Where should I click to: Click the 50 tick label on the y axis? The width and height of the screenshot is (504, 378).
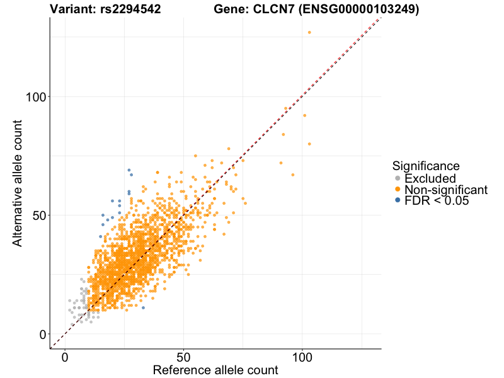tap(39, 215)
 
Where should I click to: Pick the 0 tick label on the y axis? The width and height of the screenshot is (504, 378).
tap(43, 334)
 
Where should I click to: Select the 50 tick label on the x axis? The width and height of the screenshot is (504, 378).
tap(183, 357)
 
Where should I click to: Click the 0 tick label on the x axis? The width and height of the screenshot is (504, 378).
tap(65, 357)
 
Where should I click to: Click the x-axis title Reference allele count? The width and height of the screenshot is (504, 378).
tap(215, 370)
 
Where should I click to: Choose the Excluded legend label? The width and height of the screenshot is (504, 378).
tap(430, 179)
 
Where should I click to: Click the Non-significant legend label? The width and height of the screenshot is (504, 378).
tap(446, 190)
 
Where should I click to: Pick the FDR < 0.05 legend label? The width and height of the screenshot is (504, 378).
tap(437, 200)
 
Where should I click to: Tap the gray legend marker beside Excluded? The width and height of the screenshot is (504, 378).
tap(398, 179)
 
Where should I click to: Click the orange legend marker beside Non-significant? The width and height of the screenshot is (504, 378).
tap(398, 190)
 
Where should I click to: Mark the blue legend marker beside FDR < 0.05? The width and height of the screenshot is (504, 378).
tap(398, 200)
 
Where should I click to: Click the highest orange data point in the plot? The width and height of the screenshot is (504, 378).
tap(309, 32)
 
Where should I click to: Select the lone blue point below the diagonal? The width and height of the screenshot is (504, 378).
tap(143, 307)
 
